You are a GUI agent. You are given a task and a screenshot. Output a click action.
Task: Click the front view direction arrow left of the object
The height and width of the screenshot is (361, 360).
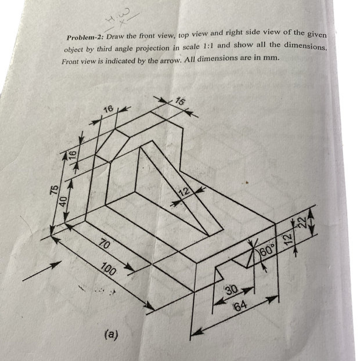41,270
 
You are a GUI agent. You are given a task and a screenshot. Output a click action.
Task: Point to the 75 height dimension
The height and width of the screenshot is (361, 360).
53,191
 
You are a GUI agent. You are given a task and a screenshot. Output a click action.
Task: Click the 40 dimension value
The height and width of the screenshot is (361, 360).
64,201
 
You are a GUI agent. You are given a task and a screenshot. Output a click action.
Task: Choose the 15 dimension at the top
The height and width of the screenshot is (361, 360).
181,102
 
